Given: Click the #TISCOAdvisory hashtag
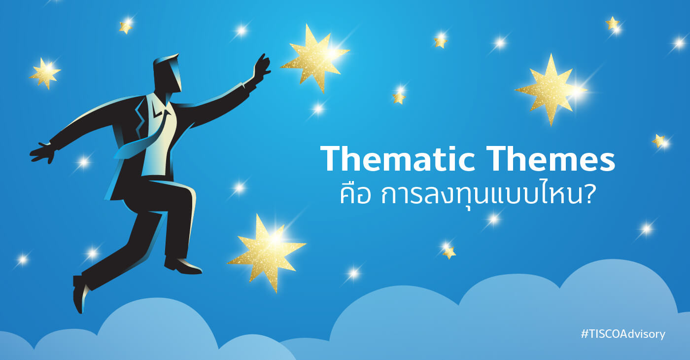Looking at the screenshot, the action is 623,334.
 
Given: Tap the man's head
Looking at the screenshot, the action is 168,74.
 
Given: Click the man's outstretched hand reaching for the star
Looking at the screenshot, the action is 262,67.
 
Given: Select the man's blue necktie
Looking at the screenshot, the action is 145,136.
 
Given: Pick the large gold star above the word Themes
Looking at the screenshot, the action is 551,89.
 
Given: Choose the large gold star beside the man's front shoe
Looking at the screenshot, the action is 267,252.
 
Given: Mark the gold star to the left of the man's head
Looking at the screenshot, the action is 45,73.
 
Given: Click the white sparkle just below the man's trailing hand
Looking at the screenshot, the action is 83,162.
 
